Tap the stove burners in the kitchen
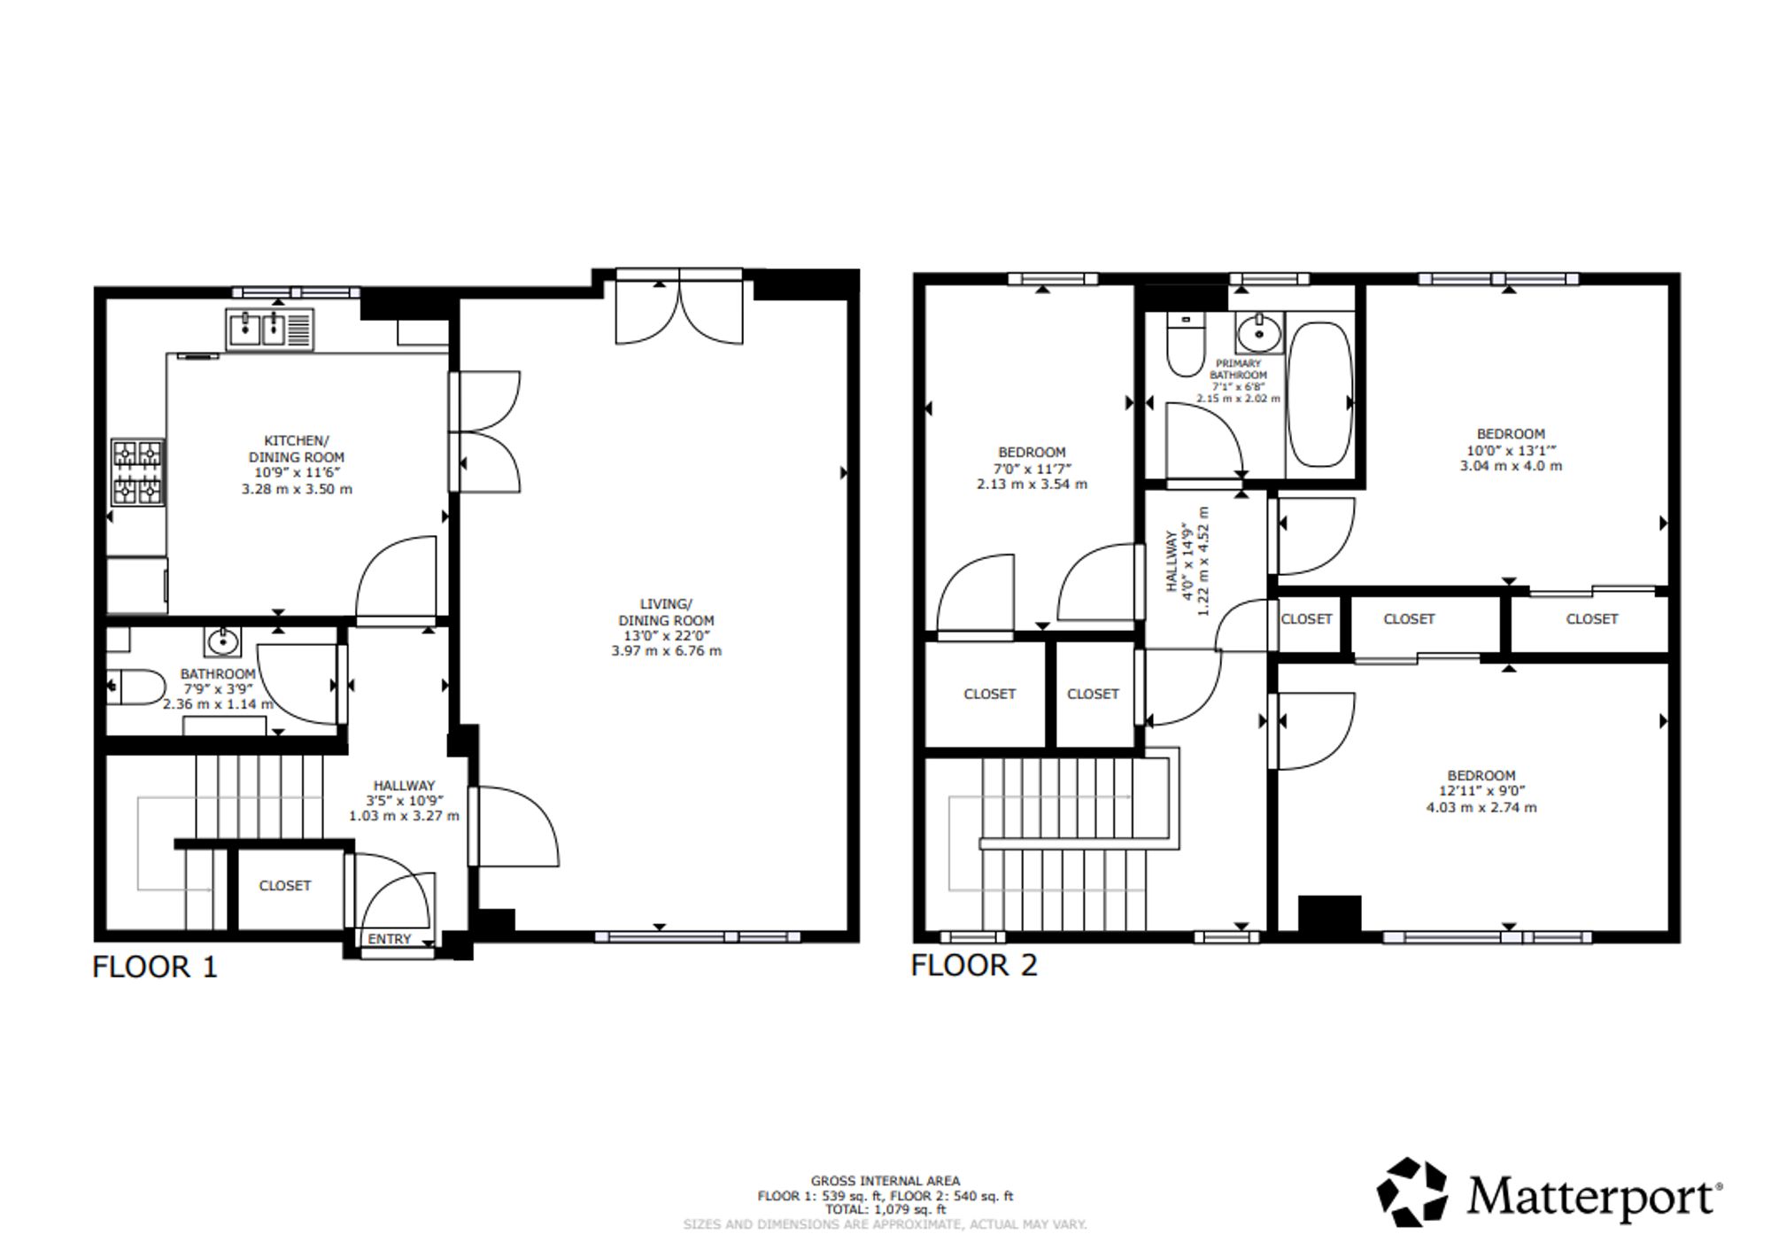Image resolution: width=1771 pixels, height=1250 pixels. click(x=138, y=473)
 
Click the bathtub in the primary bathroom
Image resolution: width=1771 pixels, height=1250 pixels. click(x=1319, y=394)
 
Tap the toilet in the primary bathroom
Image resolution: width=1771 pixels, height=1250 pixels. click(x=1185, y=345)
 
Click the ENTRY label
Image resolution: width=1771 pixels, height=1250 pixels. click(x=390, y=939)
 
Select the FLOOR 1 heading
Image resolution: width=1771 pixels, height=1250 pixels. click(x=155, y=967)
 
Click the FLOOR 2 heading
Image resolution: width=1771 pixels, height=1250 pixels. click(x=974, y=965)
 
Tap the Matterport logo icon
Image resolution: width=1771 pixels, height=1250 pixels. click(x=1412, y=1192)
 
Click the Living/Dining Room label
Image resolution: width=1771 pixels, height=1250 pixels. click(x=666, y=612)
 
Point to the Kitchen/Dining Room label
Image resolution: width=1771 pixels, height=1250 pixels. click(x=297, y=448)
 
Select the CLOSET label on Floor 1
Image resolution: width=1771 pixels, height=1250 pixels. click(x=285, y=886)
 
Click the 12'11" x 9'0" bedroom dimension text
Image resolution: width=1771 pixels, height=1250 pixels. click(x=1481, y=791)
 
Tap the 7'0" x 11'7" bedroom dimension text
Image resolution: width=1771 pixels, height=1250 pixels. click(x=1032, y=468)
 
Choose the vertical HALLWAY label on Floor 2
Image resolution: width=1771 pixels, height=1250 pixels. click(x=1172, y=562)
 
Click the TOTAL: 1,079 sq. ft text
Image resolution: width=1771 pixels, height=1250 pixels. click(x=885, y=1209)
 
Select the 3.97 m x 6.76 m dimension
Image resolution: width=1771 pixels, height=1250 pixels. click(x=666, y=651)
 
